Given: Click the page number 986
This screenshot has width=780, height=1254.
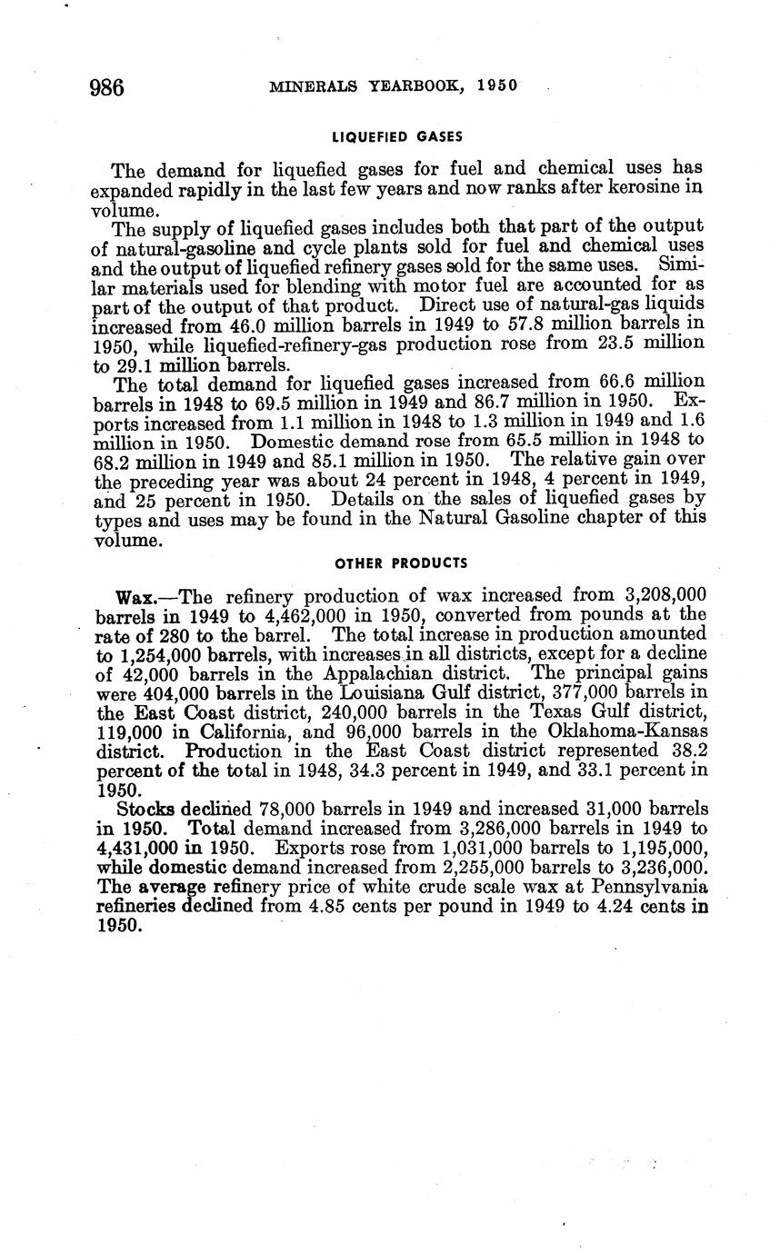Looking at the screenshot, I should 106,87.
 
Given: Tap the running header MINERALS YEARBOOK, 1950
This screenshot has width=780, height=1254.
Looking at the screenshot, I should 394,86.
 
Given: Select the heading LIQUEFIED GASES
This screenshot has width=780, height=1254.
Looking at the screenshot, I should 397,137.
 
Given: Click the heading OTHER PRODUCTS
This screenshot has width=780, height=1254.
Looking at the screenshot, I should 400,563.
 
